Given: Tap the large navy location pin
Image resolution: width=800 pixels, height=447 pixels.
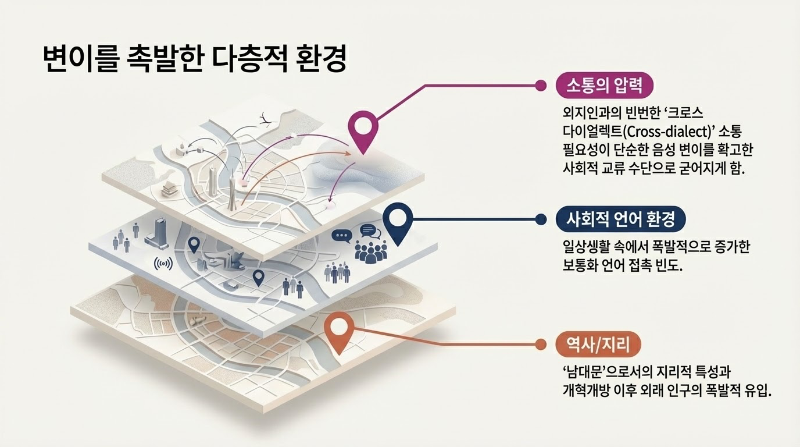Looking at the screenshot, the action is tap(398, 221).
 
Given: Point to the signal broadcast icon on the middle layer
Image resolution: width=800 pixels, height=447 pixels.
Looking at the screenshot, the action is tap(163, 264).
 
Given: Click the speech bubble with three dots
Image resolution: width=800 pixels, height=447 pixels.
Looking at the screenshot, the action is tap(342, 235).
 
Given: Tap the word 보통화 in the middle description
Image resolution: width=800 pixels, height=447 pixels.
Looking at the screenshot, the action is tap(578, 266).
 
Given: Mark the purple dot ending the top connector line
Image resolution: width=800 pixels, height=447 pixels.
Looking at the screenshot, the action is tap(541, 86).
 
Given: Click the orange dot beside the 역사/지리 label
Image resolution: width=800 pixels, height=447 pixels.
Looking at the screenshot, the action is tap(541, 345).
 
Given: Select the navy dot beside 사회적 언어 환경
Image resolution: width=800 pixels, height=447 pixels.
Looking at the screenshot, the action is tap(541, 219).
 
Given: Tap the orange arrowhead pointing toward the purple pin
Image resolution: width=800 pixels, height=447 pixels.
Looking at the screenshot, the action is tap(349, 154).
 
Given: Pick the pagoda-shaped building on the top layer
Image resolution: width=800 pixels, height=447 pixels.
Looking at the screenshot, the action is tap(167, 188).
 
